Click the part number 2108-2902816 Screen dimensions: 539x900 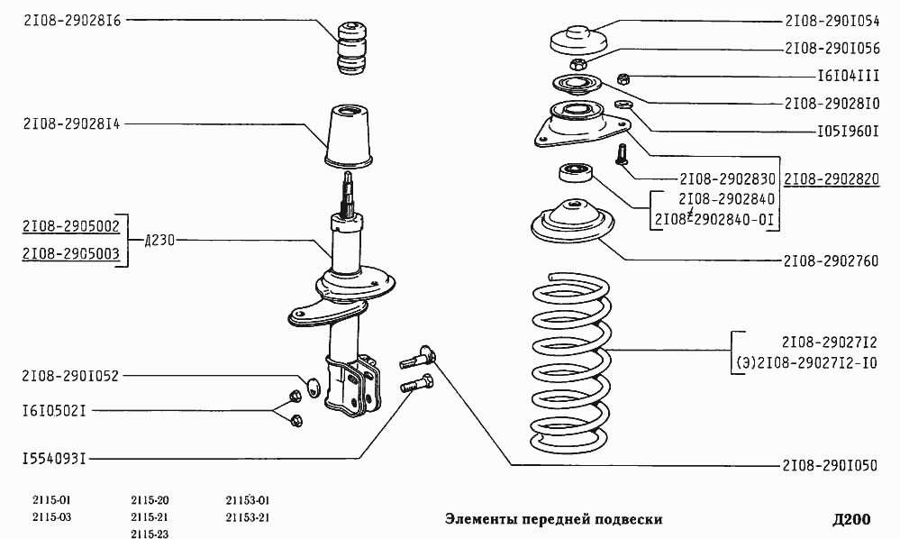coord(72,19)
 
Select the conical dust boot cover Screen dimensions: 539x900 coord(349,137)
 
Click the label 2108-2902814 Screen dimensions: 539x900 coord(72,124)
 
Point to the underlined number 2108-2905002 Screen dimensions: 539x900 coord(72,224)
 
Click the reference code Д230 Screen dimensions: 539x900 coord(159,240)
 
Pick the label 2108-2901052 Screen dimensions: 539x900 coord(72,376)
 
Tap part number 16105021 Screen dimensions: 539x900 coord(54,410)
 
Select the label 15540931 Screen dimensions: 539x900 coord(54,459)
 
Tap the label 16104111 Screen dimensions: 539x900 coord(848,77)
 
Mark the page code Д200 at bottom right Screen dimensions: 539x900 coord(850,519)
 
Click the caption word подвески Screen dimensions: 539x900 coord(629,519)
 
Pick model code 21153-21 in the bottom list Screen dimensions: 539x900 coord(248,517)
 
